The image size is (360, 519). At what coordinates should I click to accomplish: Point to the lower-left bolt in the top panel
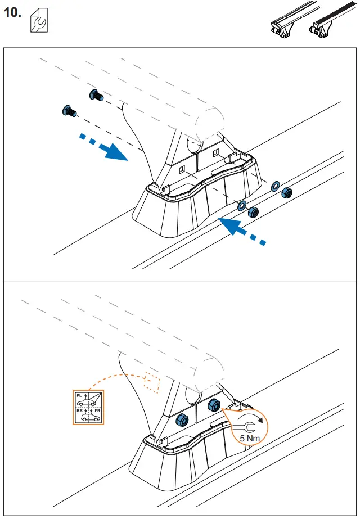tap(69, 111)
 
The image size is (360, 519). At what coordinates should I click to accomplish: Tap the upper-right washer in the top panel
tap(275, 186)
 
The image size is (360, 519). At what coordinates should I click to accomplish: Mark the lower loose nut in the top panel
tap(253, 212)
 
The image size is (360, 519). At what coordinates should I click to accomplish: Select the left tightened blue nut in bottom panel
tap(183, 419)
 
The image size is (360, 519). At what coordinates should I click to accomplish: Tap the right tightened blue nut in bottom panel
tap(214, 405)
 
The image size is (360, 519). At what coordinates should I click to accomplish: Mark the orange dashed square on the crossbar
tap(152, 381)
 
